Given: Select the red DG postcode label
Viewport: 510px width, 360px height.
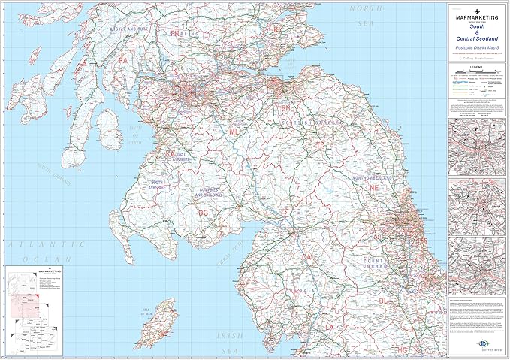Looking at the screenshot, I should [201, 213].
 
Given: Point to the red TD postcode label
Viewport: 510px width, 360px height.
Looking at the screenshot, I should [321, 143].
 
